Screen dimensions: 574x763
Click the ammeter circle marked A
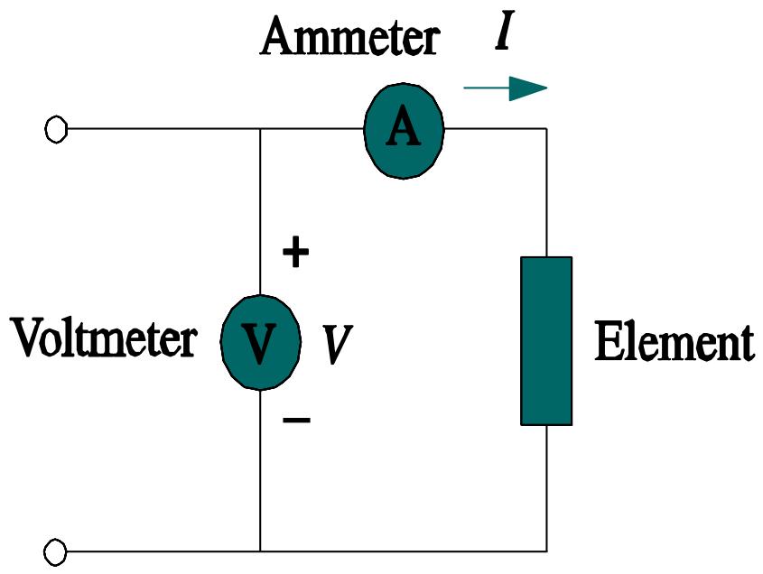[404, 129]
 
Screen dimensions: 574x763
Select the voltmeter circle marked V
[260, 340]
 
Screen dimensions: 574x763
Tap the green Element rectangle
[546, 340]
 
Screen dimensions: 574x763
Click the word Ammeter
[349, 39]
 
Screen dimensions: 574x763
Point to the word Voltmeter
[103, 340]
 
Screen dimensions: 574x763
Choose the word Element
[674, 343]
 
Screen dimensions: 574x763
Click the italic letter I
[504, 33]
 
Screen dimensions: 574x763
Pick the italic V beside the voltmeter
[337, 345]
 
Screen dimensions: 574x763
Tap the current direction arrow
[505, 88]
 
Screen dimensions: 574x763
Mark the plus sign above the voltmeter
[295, 254]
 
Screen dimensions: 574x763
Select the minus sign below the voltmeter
[296, 420]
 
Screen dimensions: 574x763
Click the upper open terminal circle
[56, 130]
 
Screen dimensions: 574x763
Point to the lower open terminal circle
[56, 550]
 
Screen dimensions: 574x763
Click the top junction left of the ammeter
[260, 129]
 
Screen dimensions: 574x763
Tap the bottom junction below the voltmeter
[260, 550]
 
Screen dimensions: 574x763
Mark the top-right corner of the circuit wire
[546, 129]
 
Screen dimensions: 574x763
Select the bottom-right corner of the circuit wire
[546, 550]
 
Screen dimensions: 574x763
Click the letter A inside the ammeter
[404, 129]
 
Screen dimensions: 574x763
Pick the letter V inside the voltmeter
[260, 342]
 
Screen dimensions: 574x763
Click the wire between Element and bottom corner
[546, 487]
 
